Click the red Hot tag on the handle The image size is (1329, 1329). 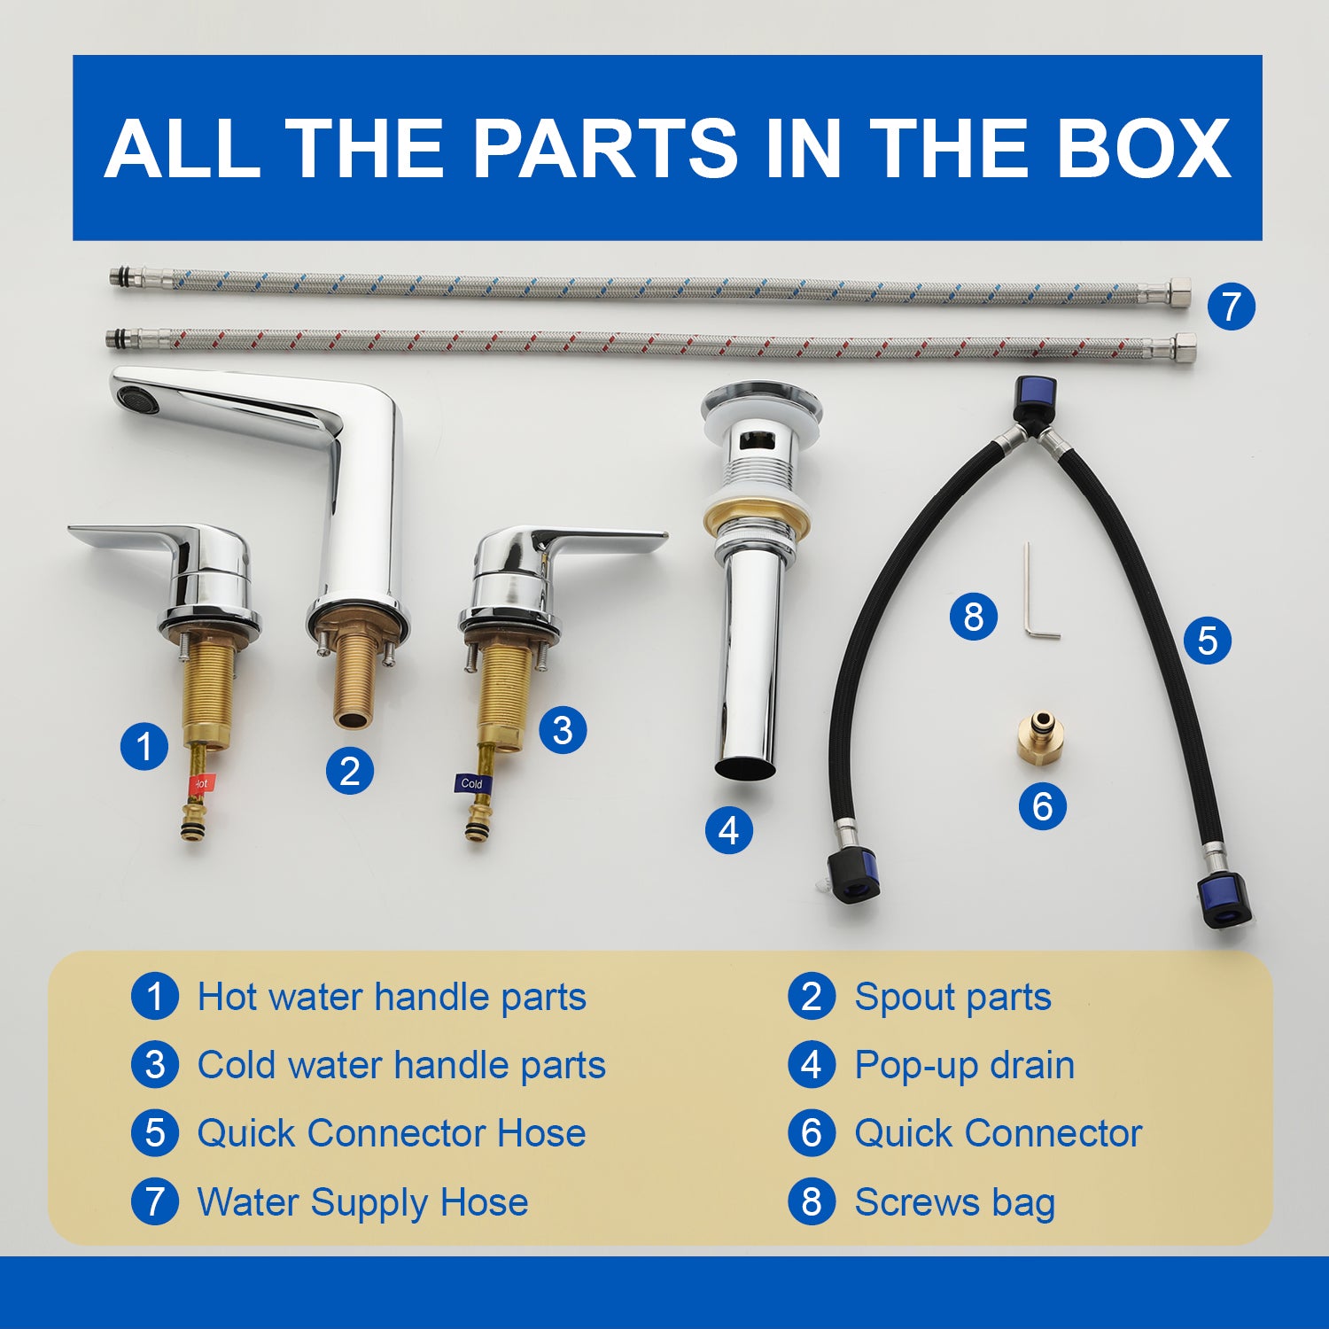pyautogui.click(x=200, y=784)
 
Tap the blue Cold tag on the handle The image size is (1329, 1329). pyautogui.click(x=470, y=783)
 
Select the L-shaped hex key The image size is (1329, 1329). pyautogui.click(x=1038, y=591)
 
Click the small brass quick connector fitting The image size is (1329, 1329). pyautogui.click(x=1040, y=734)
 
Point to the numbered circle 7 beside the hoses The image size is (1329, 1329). pyautogui.click(x=1232, y=307)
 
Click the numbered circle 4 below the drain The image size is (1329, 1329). pyautogui.click(x=728, y=831)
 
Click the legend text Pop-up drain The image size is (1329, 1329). pyautogui.click(x=964, y=1065)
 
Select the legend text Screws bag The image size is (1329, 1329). pyautogui.click(x=954, y=1202)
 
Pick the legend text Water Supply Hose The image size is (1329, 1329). pyautogui.click(x=362, y=1202)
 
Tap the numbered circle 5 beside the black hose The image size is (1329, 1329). pyautogui.click(x=1207, y=640)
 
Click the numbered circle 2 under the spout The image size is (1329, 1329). pyautogui.click(x=349, y=771)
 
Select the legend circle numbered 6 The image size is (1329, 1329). pyautogui.click(x=812, y=1133)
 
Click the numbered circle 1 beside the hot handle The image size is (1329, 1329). pyautogui.click(x=144, y=746)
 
